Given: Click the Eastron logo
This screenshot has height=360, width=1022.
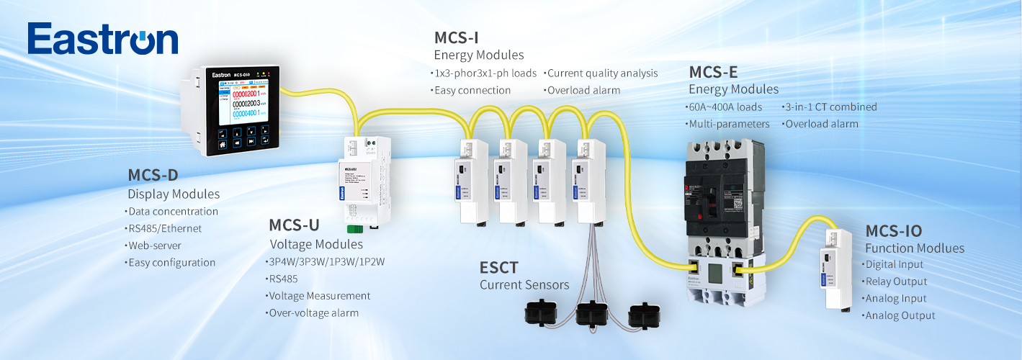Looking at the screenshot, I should [x=102, y=40].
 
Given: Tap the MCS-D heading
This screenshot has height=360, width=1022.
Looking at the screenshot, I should [x=152, y=175].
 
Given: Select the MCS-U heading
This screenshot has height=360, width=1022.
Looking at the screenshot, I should [x=294, y=225].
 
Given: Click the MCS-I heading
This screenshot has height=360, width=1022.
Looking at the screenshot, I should [x=456, y=37].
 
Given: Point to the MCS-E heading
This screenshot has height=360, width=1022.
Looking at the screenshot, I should [x=713, y=72].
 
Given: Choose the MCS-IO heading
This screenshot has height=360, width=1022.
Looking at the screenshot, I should [x=893, y=230].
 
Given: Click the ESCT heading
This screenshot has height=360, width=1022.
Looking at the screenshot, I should [x=498, y=268].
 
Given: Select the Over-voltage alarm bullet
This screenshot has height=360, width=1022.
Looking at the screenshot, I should [x=314, y=313].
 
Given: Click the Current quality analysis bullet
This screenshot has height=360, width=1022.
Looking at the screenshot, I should [x=602, y=73].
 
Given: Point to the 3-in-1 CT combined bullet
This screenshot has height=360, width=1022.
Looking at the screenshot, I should [x=830, y=107].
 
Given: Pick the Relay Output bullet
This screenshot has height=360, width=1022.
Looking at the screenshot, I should [x=896, y=282].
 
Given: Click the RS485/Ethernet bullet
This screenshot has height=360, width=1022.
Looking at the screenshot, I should [x=165, y=228].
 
